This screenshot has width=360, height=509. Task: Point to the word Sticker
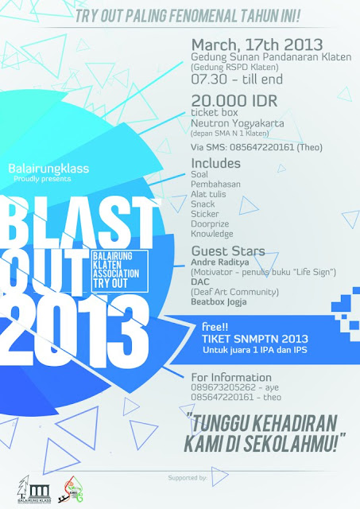click(x=207, y=213)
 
